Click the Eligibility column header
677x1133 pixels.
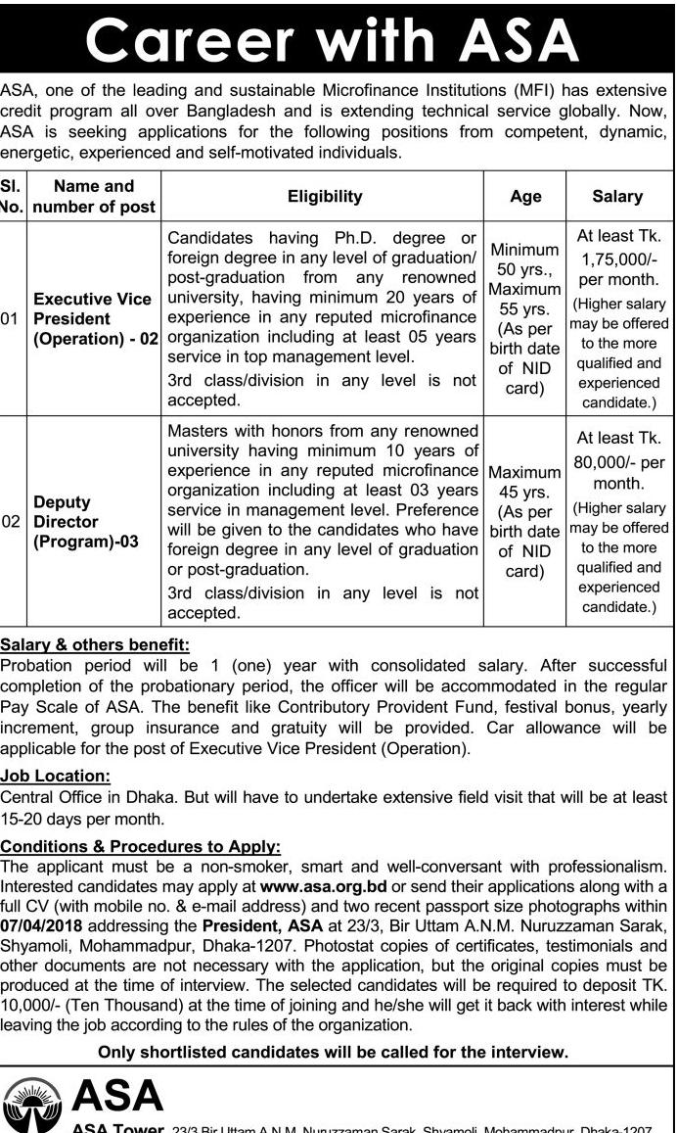pyautogui.click(x=324, y=197)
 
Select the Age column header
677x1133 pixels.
pyautogui.click(x=525, y=197)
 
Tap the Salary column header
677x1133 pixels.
pyautogui.click(x=617, y=197)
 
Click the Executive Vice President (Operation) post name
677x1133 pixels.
pyautogui.click(x=93, y=319)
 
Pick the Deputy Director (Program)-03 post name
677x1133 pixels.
pyautogui.click(x=85, y=522)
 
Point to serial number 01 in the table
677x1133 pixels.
pyautogui.click(x=11, y=319)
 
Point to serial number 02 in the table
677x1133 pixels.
pyautogui.click(x=11, y=522)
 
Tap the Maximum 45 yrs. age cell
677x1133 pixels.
pyautogui.click(x=525, y=480)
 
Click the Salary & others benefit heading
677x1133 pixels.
pyautogui.click(x=95, y=644)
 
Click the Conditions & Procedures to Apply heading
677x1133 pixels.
pyautogui.click(x=141, y=846)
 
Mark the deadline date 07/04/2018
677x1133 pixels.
pyautogui.click(x=46, y=924)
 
